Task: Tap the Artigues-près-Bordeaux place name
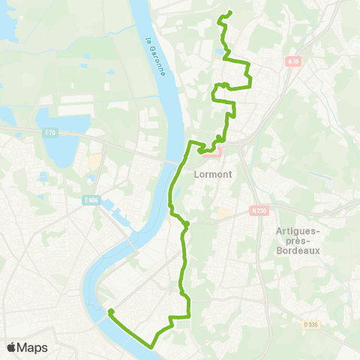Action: click(x=298, y=240)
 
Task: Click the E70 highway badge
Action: click(x=50, y=133)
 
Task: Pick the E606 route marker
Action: click(x=91, y=199)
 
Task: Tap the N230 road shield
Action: click(x=259, y=211)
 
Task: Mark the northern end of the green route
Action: click(x=229, y=12)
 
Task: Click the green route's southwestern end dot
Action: click(x=111, y=311)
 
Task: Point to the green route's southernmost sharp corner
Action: click(x=152, y=346)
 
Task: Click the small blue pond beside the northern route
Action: click(x=223, y=52)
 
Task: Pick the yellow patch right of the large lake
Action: click(x=95, y=161)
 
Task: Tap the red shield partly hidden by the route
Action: click(x=214, y=152)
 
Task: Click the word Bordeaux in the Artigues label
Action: click(x=298, y=251)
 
